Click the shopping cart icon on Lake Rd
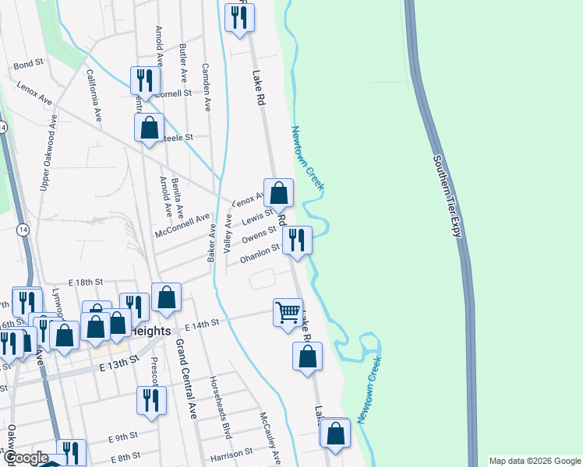point(288,313)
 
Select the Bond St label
point(27,64)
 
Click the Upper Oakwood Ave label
point(49,153)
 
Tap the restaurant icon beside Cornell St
point(145,80)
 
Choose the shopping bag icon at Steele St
point(149,128)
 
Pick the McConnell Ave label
point(183,226)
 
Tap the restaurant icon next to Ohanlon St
point(297,240)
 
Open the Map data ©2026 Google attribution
point(534,461)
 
